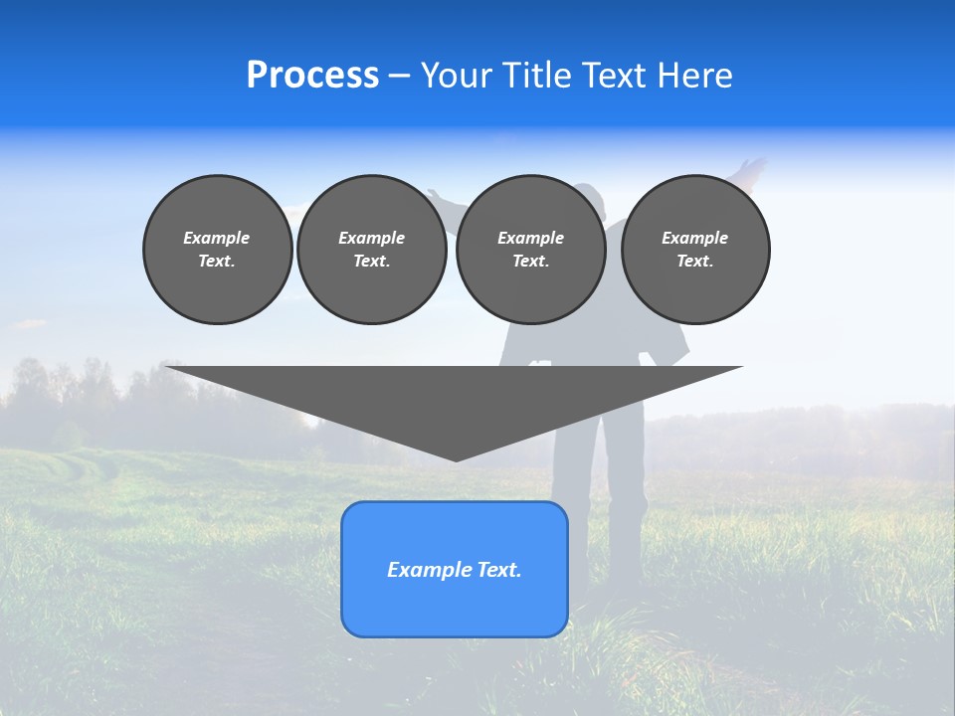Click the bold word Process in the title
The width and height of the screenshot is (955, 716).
pos(312,76)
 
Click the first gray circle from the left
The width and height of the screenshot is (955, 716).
pos(217,250)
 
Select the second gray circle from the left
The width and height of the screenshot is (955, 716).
pos(372,250)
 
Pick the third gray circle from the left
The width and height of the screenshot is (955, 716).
pos(531,250)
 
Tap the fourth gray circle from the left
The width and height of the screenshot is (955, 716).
pos(695,250)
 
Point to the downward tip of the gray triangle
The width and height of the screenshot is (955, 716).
pos(456,458)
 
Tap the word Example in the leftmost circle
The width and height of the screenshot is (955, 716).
pos(217,238)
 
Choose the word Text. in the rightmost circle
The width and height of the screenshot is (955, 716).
pos(695,261)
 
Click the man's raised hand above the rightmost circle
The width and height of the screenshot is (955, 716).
pos(753,166)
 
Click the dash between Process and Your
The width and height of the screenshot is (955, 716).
pos(399,77)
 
